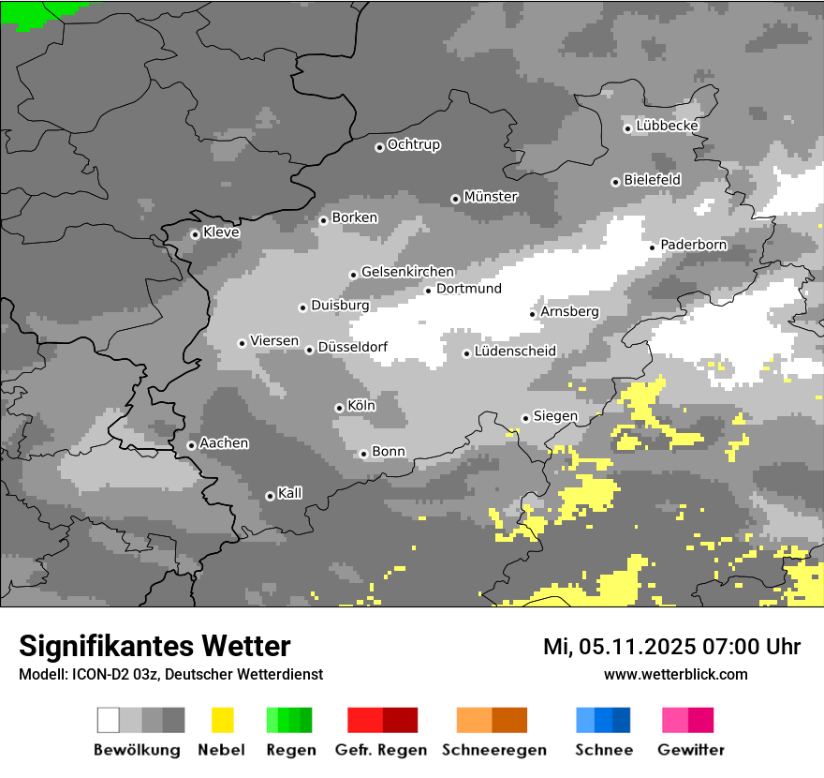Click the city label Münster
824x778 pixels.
pos(491,197)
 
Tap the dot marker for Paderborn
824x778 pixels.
pos(653,247)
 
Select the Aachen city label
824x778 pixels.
pos(224,443)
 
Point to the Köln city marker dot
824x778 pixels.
pos(339,408)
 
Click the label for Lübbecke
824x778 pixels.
pos(667,126)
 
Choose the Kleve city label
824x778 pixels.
pos(221,232)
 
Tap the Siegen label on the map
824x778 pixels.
pos(555,416)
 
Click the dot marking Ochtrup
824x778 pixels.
pos(379,147)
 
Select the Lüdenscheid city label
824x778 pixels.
pos(515,352)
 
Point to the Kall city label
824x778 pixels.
pos(289,493)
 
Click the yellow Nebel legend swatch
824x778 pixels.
pos(222,720)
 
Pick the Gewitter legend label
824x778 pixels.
pos(691,750)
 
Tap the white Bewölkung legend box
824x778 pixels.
pos(109,720)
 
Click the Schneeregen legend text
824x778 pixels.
pos(493,750)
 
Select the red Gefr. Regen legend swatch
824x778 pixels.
pos(364,720)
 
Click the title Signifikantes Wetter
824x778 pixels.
pos(154,647)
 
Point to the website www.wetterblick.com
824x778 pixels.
pos(675,674)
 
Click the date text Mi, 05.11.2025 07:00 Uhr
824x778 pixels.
pos(671,647)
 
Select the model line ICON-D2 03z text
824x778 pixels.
pos(170,674)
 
